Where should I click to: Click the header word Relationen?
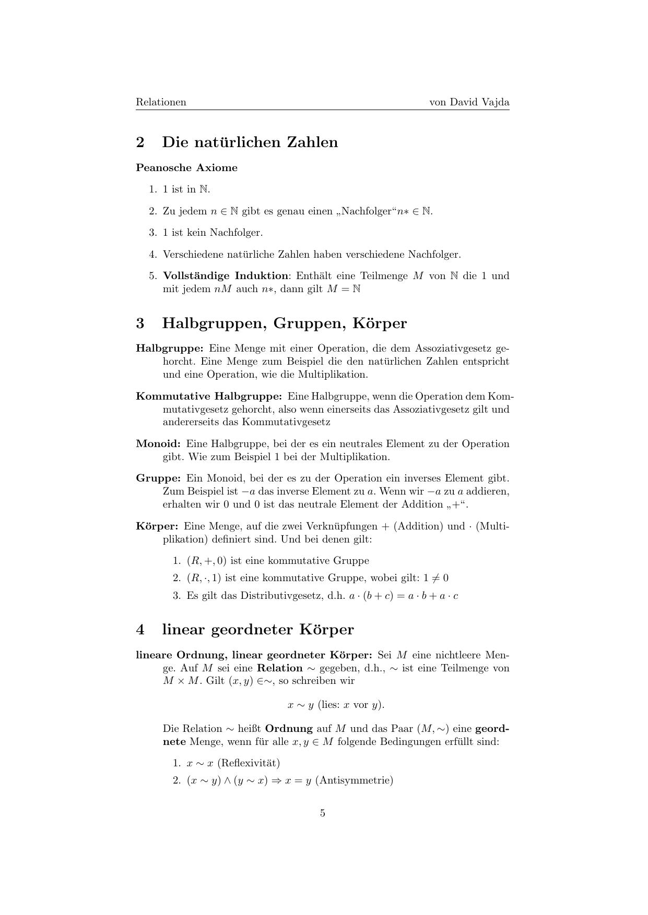161,102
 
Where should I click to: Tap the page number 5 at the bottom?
323,813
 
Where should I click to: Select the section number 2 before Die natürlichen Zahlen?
140,142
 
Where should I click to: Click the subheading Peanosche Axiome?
186,168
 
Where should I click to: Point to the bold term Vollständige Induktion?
225,276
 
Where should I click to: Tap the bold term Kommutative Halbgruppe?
209,396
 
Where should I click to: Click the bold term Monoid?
158,444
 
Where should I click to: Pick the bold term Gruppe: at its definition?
158,478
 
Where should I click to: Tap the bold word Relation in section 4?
279,668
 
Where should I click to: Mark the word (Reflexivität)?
249,763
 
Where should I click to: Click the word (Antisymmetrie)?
354,780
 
